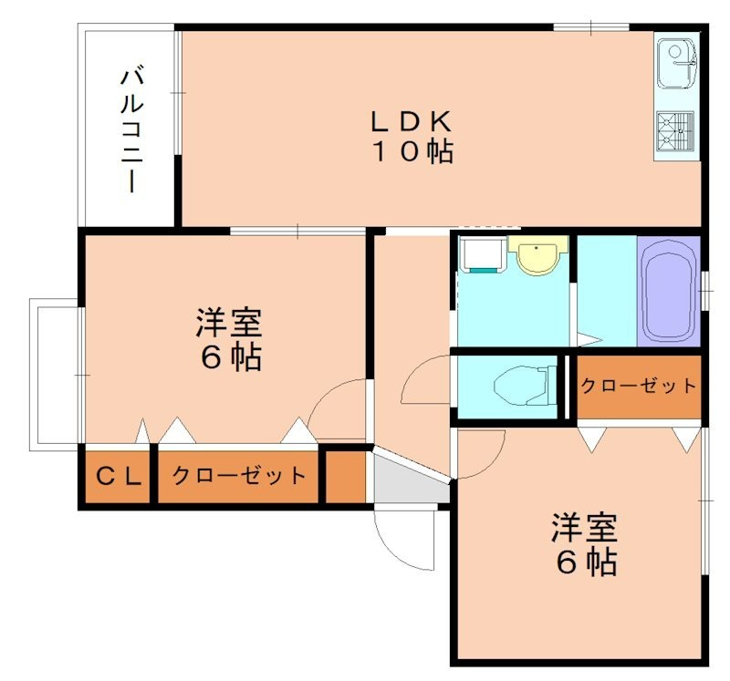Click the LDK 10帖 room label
(411, 136)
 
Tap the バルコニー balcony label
(131, 129)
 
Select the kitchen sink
(676, 63)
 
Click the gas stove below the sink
(675, 130)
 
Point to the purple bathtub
(668, 291)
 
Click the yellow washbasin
(537, 256)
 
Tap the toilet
(524, 386)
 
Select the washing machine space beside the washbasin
(483, 254)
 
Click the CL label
(119, 474)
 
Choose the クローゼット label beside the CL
(239, 475)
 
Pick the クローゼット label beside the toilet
(638, 386)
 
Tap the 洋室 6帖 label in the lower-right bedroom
(584, 544)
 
